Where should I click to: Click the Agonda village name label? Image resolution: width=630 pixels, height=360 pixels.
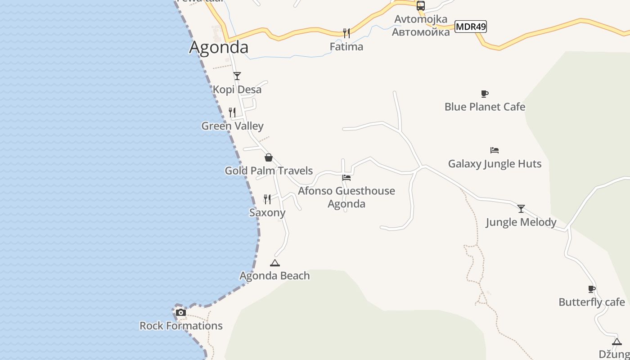click(219, 47)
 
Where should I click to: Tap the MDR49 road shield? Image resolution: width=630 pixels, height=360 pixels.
click(471, 27)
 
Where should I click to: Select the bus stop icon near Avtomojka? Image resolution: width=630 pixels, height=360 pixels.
click(421, 6)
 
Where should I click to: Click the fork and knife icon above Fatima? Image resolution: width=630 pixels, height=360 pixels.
click(346, 33)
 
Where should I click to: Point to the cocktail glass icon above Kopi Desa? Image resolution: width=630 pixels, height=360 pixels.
click(237, 76)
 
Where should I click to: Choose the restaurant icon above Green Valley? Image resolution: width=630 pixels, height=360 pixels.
click(232, 112)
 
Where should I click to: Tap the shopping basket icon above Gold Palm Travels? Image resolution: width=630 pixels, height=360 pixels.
click(269, 157)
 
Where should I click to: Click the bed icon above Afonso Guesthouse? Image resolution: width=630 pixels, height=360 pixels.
click(346, 178)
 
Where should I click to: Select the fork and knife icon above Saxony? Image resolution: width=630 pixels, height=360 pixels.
click(267, 199)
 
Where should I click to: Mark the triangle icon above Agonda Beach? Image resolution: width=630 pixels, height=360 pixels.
click(274, 263)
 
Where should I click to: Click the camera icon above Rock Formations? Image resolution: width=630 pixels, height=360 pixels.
click(181, 312)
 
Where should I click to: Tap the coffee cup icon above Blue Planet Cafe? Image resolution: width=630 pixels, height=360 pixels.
click(485, 94)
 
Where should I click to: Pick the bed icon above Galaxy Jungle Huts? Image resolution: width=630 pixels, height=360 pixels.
click(495, 150)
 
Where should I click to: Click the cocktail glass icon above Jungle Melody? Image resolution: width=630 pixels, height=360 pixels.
click(521, 209)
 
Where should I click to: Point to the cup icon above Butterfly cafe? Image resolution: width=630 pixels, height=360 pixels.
click(592, 289)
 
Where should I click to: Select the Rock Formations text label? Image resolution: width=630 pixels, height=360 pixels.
click(181, 326)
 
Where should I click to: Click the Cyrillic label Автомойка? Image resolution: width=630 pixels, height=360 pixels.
click(421, 32)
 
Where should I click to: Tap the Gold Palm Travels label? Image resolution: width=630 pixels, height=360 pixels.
click(269, 171)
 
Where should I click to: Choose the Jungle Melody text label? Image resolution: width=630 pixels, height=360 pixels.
click(521, 222)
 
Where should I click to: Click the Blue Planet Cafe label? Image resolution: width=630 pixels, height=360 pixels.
click(485, 107)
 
